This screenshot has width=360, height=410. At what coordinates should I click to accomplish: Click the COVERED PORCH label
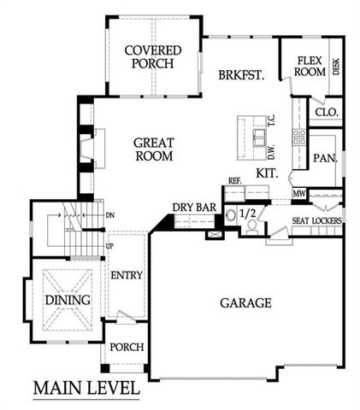(x=149, y=56)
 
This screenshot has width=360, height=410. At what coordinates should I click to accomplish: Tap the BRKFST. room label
(x=239, y=74)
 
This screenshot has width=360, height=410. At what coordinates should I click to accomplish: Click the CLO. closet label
(x=326, y=112)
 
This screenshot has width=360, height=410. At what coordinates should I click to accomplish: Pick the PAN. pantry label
(x=324, y=158)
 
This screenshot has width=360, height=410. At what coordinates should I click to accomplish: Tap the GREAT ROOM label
(x=154, y=150)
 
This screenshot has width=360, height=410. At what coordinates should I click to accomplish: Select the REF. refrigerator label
(x=234, y=181)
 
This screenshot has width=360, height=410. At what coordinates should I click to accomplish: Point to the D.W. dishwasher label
(x=269, y=153)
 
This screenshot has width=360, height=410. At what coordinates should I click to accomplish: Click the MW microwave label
(x=298, y=195)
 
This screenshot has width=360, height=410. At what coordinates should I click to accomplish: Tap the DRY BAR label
(x=193, y=207)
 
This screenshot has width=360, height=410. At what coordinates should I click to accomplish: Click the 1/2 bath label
(x=247, y=214)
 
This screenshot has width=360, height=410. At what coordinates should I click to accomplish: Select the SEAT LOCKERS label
(x=317, y=221)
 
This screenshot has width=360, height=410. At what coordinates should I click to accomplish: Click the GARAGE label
(x=245, y=302)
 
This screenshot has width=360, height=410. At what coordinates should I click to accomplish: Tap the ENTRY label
(x=126, y=275)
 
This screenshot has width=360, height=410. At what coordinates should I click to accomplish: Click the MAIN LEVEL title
(x=86, y=388)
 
